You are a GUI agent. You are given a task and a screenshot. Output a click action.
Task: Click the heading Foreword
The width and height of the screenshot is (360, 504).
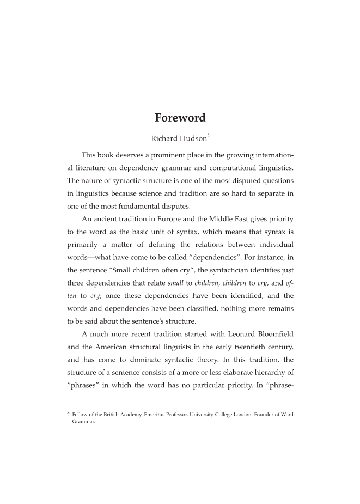coord(180,118)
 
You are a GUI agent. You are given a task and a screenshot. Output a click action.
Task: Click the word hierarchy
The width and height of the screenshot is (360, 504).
coord(262,373)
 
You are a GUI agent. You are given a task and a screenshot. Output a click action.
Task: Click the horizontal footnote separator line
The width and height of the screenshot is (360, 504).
coord(96,404)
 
